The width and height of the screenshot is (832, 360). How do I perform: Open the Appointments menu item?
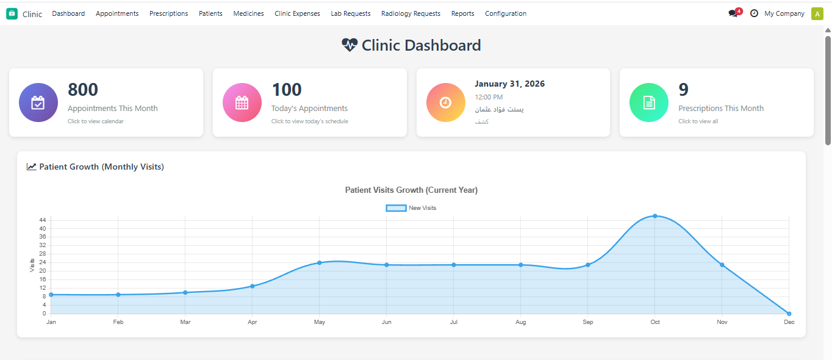coord(117,13)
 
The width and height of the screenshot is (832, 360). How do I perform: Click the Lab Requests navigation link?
coord(351,13)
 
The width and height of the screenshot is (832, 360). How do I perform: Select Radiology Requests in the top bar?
coord(411,13)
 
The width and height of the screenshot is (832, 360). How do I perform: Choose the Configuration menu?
coord(506,13)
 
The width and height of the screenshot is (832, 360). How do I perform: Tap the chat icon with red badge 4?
coord(734,13)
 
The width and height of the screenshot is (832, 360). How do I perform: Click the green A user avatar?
coord(817,14)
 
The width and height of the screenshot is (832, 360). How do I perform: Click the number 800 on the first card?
coord(83,90)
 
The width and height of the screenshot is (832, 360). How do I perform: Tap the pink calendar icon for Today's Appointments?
coord(242,103)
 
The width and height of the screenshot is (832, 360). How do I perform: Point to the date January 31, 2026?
coord(509,84)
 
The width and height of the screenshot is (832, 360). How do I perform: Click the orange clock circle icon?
coord(445,103)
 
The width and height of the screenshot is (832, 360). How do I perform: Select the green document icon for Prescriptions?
coord(649,103)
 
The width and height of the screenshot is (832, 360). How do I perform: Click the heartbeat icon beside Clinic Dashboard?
coord(350,45)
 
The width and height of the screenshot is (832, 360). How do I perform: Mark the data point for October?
coord(655,216)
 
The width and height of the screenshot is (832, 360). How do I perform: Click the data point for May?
coord(319,263)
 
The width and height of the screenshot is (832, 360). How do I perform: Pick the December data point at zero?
coord(789,314)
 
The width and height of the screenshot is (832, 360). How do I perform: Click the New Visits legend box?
coord(396,208)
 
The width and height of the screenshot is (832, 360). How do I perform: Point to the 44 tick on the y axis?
coord(42,220)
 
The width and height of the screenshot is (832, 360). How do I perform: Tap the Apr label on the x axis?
coord(252,322)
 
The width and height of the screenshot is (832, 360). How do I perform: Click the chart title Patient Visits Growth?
coord(411,190)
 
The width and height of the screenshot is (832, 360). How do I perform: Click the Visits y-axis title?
coord(32,265)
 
